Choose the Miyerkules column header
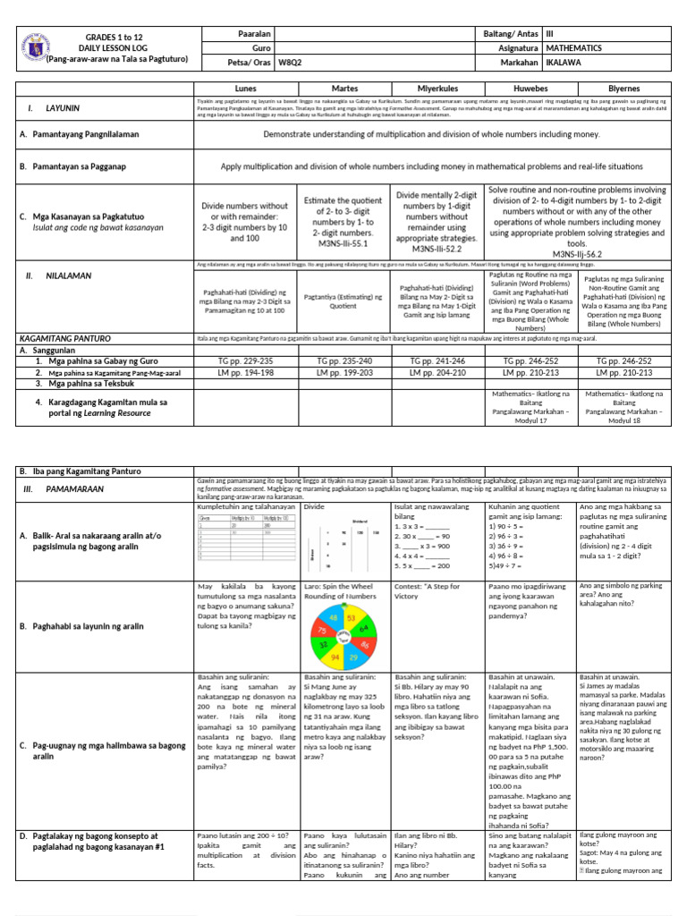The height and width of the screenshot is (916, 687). pyautogui.click(x=437, y=89)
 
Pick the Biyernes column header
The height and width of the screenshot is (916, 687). pyautogui.click(x=624, y=89)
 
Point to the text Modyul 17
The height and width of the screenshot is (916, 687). pyautogui.click(x=530, y=420)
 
